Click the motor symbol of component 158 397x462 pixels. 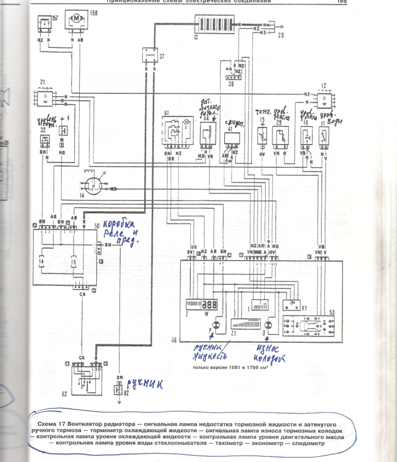pyautogui.click(x=77, y=19)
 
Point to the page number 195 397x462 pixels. pyautogui.click(x=341, y=2)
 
